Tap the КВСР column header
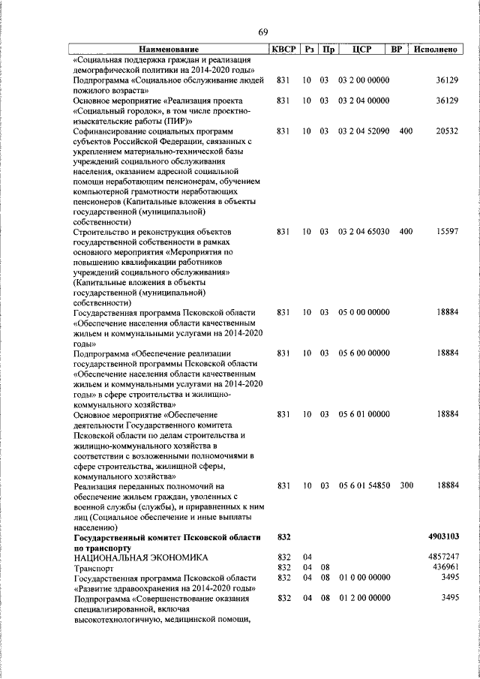point(283,50)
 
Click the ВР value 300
point(406,486)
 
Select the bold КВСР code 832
point(283,537)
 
